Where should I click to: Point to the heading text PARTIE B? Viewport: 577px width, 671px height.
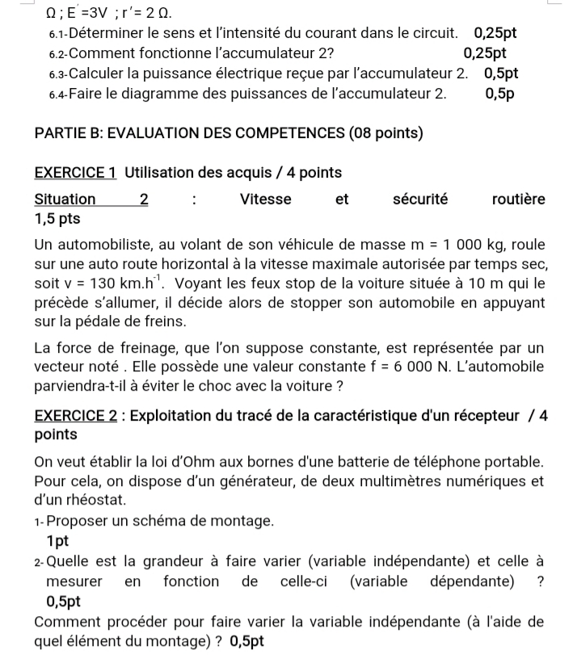pyautogui.click(x=68, y=133)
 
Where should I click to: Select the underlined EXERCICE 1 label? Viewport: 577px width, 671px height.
pyautogui.click(x=78, y=173)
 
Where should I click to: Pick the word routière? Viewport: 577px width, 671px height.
pyautogui.click(x=518, y=199)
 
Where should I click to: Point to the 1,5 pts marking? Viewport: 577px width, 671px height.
pyautogui.click(x=57, y=219)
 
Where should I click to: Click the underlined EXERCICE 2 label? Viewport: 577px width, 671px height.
pyautogui.click(x=78, y=417)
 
